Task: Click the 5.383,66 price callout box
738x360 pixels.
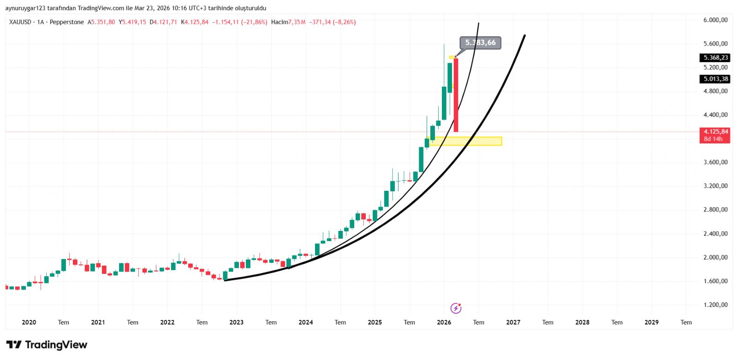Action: pyautogui.click(x=480, y=43)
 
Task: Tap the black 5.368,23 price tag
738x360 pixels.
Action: pyautogui.click(x=715, y=58)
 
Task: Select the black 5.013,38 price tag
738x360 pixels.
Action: pyautogui.click(x=715, y=79)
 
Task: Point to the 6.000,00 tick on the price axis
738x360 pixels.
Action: pyautogui.click(x=715, y=20)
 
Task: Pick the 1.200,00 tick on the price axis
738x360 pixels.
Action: pyautogui.click(x=715, y=305)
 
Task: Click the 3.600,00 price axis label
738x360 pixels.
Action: pyautogui.click(x=715, y=162)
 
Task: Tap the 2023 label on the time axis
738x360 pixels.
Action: pyautogui.click(x=236, y=322)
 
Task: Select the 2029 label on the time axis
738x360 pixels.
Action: pyautogui.click(x=651, y=322)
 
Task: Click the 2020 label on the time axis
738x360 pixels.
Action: pyautogui.click(x=29, y=322)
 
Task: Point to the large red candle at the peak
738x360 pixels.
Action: pyautogui.click(x=456, y=95)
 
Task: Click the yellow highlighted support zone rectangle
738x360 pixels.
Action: pyautogui.click(x=466, y=141)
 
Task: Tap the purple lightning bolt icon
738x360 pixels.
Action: pyautogui.click(x=456, y=308)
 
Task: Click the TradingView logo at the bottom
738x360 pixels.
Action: pyautogui.click(x=47, y=345)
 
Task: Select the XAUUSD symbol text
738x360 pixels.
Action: pyautogui.click(x=20, y=22)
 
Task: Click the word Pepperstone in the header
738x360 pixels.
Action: pyautogui.click(x=67, y=22)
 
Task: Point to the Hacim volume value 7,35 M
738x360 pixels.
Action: pyautogui.click(x=297, y=22)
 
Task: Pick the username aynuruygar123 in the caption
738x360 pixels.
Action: pyautogui.click(x=25, y=8)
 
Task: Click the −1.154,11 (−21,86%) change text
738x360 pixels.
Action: pyautogui.click(x=239, y=22)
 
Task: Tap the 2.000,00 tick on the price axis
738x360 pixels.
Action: pyautogui.click(x=715, y=257)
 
